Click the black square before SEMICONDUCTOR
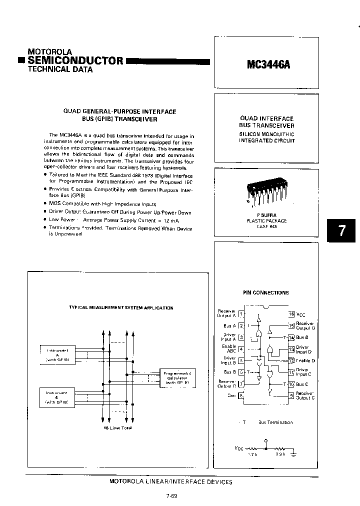pyautogui.click(x=20, y=61)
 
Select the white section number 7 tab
pyautogui.click(x=342, y=231)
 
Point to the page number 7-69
pyautogui.click(x=170, y=496)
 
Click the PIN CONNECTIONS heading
pyautogui.click(x=266, y=292)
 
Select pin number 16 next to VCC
pyautogui.click(x=291, y=314)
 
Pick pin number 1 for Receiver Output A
pyautogui.click(x=241, y=314)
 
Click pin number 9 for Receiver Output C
pyautogui.click(x=291, y=395)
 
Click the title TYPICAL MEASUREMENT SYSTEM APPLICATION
pyautogui.click(x=121, y=308)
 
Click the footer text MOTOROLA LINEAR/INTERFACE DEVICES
pyautogui.click(x=170, y=481)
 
